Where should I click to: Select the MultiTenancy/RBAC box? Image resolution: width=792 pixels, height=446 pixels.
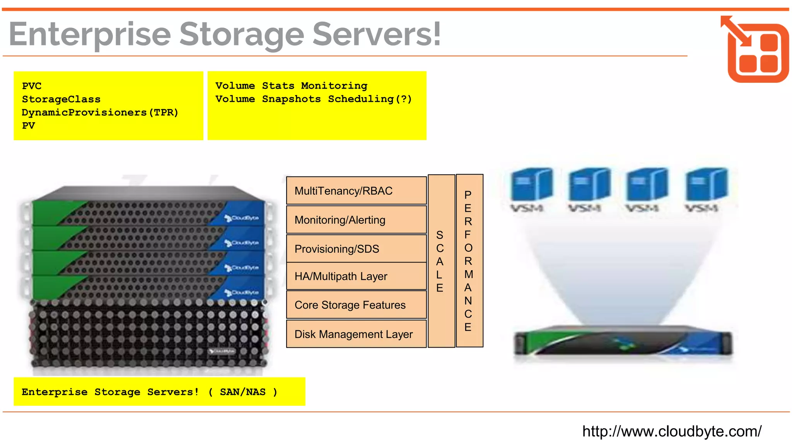tap(356, 190)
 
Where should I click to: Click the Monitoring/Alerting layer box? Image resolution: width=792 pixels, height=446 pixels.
tap(356, 220)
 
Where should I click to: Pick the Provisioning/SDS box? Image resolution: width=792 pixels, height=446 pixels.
tap(356, 249)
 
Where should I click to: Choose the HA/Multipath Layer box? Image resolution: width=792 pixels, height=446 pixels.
tap(356, 276)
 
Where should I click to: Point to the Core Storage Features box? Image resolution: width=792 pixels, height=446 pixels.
tap(356, 305)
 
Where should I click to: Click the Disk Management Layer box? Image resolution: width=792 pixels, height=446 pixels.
tap(356, 334)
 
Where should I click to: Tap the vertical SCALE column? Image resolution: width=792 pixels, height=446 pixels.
tap(441, 261)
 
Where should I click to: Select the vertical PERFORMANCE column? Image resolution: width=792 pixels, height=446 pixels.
tap(469, 261)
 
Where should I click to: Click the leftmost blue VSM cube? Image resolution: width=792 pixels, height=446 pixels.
tap(531, 185)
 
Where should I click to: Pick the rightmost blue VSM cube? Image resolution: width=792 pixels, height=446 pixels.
tap(706, 185)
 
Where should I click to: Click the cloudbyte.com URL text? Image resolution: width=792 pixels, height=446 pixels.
tap(672, 431)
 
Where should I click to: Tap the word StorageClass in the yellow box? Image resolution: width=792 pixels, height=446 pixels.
tap(61, 99)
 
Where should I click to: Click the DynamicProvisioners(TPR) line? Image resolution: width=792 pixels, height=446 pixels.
tap(100, 112)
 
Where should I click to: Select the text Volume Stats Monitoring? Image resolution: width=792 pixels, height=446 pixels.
tap(291, 86)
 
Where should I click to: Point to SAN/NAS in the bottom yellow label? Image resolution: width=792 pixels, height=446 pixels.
tap(242, 392)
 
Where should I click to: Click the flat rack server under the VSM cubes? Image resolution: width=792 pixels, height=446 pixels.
tap(623, 342)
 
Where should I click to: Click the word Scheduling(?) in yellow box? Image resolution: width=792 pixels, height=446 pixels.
tap(370, 99)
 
